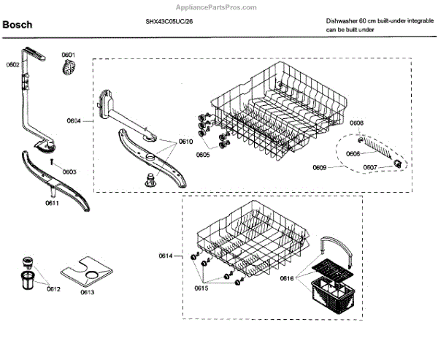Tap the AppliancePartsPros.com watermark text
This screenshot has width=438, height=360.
coord(218,7)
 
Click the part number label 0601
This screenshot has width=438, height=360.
coord(68,55)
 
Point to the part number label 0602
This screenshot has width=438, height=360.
coord(12,65)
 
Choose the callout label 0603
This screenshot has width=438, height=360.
coord(69,172)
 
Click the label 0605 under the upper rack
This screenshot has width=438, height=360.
coord(202,155)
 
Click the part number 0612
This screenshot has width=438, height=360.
coord(53,290)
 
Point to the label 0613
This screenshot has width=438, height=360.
coord(87,292)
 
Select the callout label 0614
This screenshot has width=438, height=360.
coord(166,255)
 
